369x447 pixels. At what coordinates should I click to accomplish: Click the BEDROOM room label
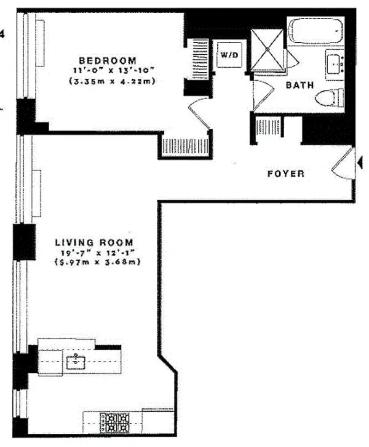(x=107, y=61)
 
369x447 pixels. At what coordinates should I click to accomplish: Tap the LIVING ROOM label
(x=101, y=242)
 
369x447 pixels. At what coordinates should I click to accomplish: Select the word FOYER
(x=285, y=174)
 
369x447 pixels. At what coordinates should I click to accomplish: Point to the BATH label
(x=300, y=86)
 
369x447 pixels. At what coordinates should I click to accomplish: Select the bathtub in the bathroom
(x=315, y=31)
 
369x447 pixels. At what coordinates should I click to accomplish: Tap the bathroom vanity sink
(x=335, y=63)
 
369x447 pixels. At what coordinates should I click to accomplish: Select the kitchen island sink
(x=77, y=361)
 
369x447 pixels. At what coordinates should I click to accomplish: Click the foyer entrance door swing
(x=342, y=164)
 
